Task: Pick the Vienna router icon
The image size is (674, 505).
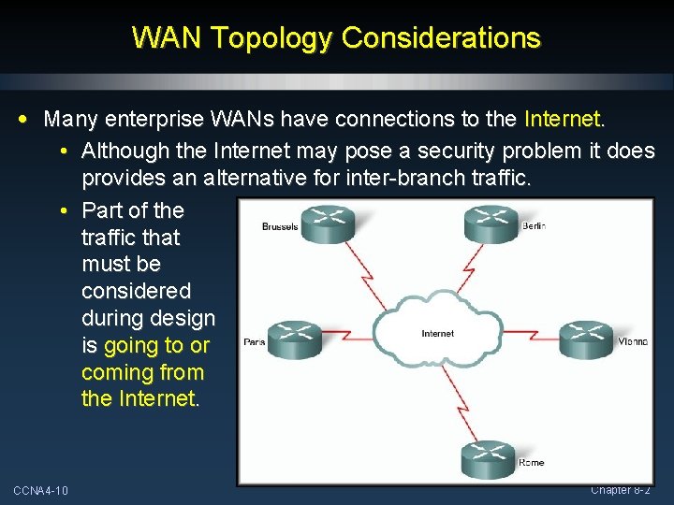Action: (x=586, y=339)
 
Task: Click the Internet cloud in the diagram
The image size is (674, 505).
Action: (x=437, y=333)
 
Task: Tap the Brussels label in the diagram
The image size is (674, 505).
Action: (x=280, y=226)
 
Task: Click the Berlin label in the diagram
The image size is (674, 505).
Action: (x=533, y=225)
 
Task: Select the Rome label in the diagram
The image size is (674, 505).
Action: (x=531, y=463)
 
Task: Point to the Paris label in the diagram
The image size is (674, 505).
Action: (x=254, y=341)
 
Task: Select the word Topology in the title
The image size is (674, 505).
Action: (x=276, y=38)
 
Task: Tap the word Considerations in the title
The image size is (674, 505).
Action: (x=442, y=37)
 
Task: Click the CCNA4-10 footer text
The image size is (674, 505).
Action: (x=40, y=491)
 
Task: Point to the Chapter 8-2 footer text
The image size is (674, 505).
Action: (x=620, y=490)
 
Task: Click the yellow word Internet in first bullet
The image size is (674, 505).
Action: (x=563, y=120)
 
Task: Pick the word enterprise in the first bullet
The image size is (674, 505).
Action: (x=144, y=120)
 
